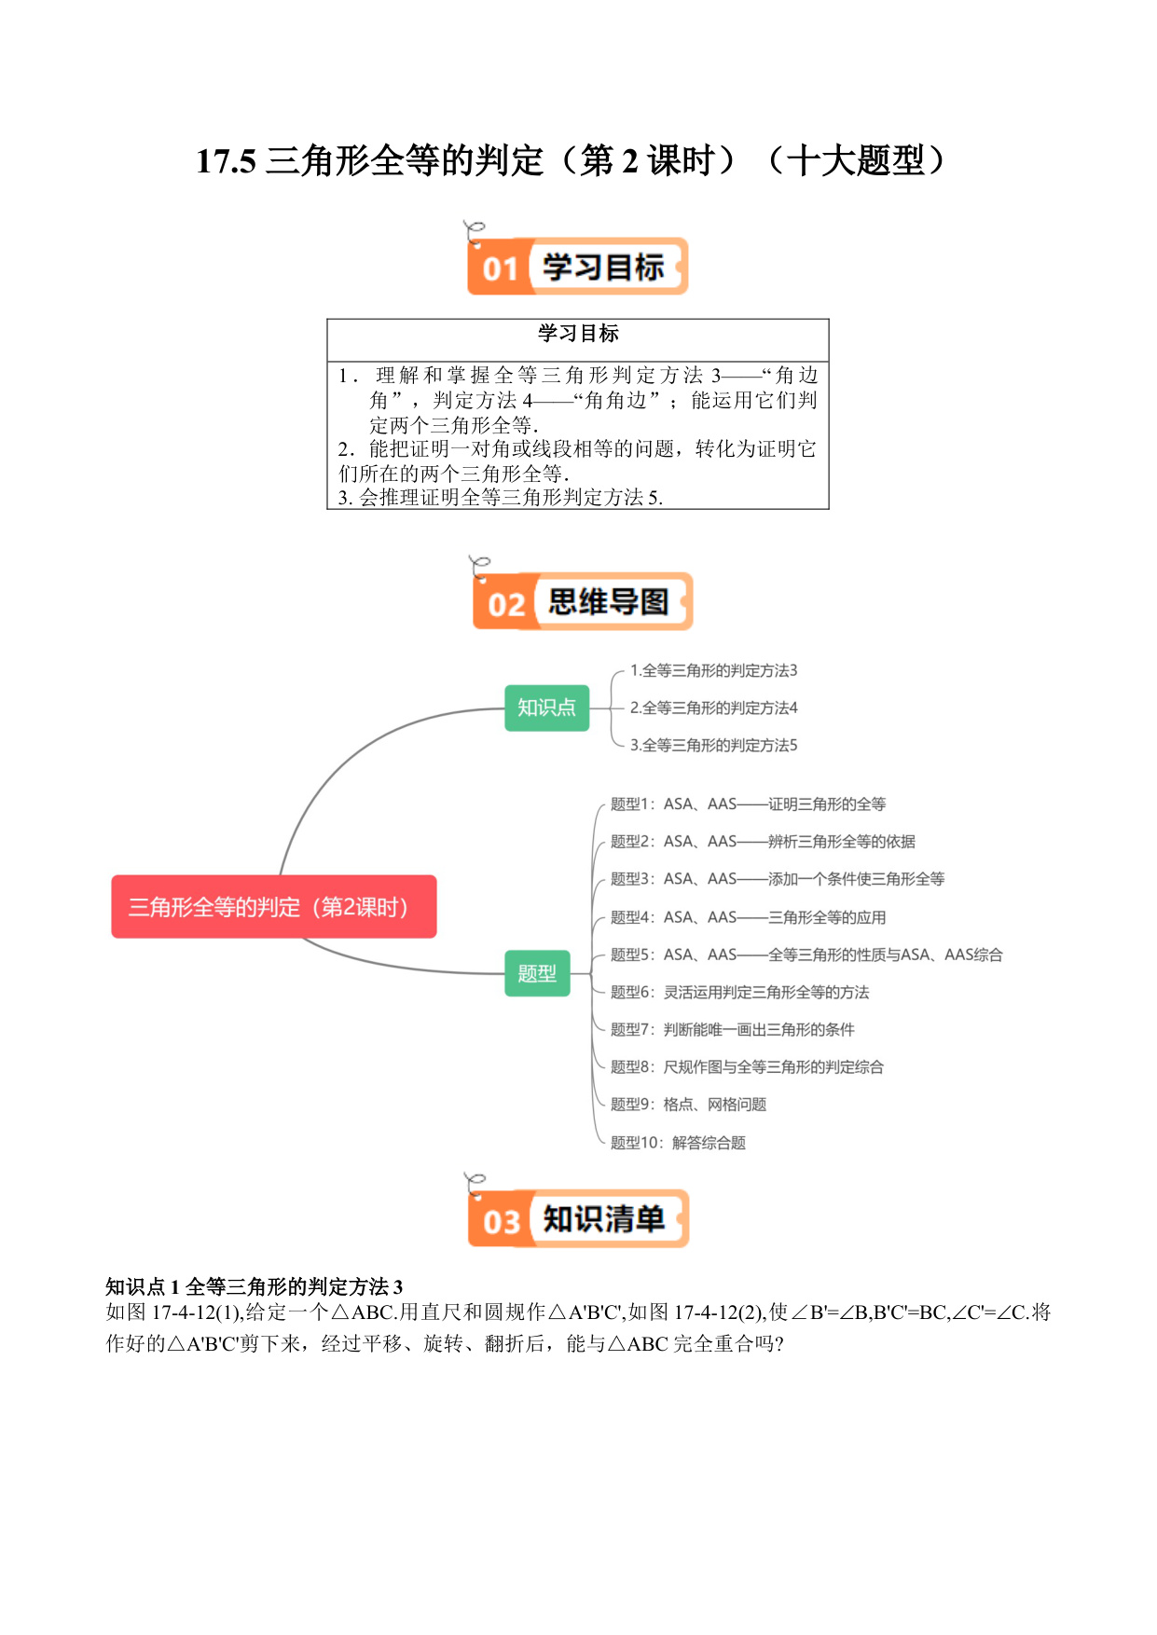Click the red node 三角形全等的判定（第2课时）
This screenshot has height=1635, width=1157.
pos(274,906)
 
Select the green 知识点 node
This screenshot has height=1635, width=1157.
pos(547,708)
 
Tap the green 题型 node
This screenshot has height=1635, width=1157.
pos(537,973)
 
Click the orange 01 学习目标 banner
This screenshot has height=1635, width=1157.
pos(577,267)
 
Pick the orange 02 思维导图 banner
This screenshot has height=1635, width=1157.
pos(583,601)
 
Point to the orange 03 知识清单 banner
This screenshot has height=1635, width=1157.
pos(578,1218)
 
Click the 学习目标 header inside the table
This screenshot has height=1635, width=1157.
pos(578,333)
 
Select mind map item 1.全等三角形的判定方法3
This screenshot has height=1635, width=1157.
pos(714,670)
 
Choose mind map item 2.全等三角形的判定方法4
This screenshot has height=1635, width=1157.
pos(714,708)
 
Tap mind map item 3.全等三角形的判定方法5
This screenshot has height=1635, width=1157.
pos(714,745)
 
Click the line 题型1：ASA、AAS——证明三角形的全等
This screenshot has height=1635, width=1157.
pos(749,804)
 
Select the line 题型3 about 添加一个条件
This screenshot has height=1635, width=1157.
pos(778,878)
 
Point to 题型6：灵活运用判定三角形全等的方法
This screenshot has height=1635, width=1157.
pos(740,992)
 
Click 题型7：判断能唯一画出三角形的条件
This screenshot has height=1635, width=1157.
pos(733,1029)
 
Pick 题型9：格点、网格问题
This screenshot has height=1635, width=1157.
pos(689,1104)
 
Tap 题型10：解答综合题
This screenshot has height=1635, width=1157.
pos(679,1142)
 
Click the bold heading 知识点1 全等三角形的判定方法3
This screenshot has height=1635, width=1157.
pos(255,1286)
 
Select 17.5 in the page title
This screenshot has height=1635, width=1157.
pos(226,161)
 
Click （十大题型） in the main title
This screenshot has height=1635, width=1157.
pos(856,160)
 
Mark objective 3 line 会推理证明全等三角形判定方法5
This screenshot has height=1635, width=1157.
pos(501,498)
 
